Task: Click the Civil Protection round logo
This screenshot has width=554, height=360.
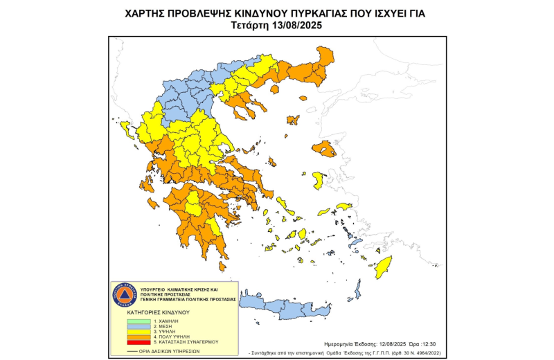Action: point(125,296)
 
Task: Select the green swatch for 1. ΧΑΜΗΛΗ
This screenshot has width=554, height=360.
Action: point(138,322)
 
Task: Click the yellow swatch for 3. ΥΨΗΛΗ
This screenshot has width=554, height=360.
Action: point(138,332)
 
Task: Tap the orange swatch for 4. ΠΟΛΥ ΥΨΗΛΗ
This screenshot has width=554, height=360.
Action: point(138,337)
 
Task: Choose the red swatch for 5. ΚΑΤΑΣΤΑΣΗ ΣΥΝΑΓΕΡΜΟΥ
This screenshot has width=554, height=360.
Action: point(138,342)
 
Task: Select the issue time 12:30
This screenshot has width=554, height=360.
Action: point(427,343)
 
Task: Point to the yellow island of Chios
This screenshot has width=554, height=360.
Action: point(318,181)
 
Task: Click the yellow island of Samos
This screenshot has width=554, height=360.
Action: point(343,206)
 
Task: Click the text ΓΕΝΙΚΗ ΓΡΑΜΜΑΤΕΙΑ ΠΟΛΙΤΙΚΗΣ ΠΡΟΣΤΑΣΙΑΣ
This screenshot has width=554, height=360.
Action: point(188,299)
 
